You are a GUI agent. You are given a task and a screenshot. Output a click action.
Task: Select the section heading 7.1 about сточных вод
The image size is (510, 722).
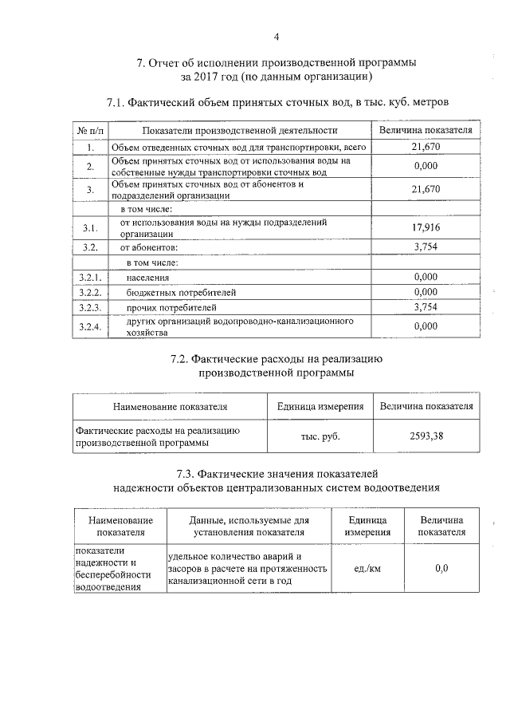tap(277, 102)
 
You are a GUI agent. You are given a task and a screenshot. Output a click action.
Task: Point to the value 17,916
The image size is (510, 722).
tap(426, 228)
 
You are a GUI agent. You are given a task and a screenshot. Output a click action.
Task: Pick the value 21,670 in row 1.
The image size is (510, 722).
tap(426, 147)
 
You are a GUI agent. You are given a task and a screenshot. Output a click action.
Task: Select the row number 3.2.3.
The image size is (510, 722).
tap(90, 306)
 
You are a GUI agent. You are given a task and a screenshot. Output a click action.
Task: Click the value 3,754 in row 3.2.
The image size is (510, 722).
tap(426, 247)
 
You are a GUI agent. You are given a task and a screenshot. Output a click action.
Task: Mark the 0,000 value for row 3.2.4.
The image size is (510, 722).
tap(426, 325)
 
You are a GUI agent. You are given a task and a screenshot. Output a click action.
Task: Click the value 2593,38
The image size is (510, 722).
tap(426, 436)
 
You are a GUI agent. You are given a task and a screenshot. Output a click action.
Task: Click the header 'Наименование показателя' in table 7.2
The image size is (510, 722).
tap(170, 406)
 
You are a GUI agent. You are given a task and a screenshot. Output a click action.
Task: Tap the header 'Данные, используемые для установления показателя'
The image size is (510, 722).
tap(249, 526)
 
